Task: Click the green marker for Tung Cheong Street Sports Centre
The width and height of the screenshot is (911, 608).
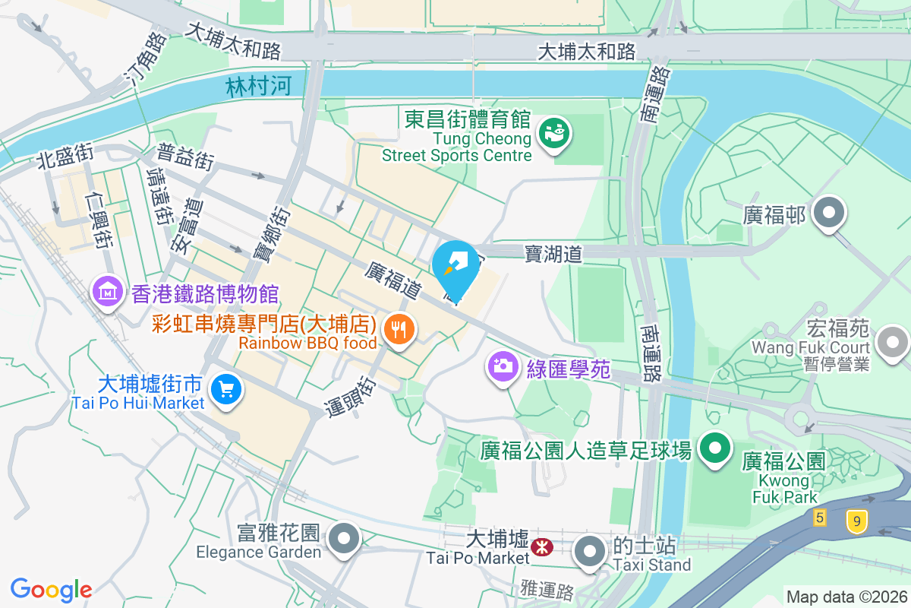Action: [x=555, y=135]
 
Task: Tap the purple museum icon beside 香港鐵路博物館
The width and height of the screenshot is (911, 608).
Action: [x=108, y=291]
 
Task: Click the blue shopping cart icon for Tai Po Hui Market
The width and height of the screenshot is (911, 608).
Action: [x=225, y=389]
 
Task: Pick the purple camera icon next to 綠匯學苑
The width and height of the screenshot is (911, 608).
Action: [x=502, y=366]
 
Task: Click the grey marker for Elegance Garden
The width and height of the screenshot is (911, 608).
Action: [x=345, y=539]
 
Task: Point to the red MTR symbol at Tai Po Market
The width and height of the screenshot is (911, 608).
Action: [x=542, y=547]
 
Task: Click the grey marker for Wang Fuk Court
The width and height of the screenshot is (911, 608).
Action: [x=893, y=342]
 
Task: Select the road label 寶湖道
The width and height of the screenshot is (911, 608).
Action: [x=553, y=254]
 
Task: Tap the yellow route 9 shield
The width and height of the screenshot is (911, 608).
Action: [x=856, y=521]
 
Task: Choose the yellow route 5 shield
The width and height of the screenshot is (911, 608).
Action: [x=819, y=518]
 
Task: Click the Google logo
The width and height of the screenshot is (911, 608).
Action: [x=51, y=589]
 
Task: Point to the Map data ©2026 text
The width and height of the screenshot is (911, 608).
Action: [x=846, y=597]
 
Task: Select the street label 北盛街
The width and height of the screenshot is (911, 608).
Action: [x=65, y=157]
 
